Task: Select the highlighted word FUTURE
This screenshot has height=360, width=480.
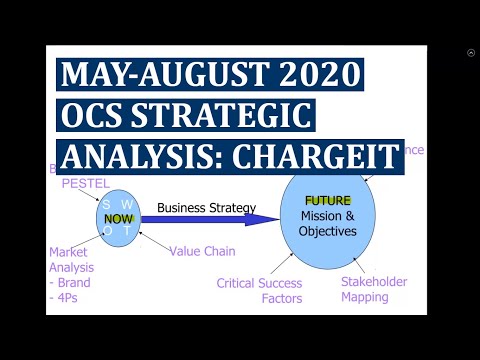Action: point(328,200)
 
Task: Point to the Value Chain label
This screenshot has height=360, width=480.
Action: point(202,251)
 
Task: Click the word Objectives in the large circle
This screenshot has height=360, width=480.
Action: point(328,233)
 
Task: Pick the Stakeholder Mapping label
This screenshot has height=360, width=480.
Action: point(374,289)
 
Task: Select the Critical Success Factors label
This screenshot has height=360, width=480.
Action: point(259,290)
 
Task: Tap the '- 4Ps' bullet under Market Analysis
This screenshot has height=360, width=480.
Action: point(66,297)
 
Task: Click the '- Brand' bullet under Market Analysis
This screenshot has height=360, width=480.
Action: point(71,282)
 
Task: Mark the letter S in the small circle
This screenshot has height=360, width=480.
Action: point(106,204)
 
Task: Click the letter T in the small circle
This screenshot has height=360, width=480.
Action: point(127,230)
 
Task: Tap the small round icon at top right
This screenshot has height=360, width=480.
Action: point(471,53)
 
